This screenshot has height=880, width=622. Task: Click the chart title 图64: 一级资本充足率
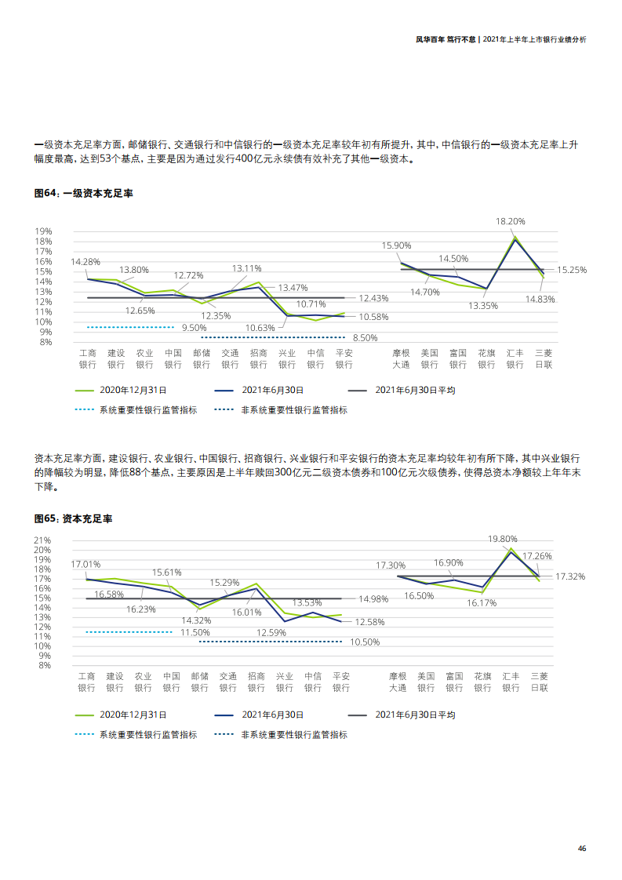coord(83,193)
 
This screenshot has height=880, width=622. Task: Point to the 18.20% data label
coord(510,222)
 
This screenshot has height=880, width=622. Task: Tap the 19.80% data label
coord(503,539)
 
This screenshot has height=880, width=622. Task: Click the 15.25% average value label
coord(572,270)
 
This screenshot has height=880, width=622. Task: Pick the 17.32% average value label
coord(570,576)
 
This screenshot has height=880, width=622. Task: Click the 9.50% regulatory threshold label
coord(194,328)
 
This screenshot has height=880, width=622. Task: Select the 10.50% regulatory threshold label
coord(365,642)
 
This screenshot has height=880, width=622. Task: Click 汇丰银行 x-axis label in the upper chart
coord(515,358)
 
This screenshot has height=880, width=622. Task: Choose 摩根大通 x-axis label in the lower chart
coord(398,682)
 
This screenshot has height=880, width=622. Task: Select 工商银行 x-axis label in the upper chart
coord(87,358)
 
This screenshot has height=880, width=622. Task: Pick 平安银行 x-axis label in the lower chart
coord(341,682)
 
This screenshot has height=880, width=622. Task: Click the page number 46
coord(581,848)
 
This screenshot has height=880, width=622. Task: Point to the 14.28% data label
coord(85,262)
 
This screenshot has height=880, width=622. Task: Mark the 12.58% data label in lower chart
coord(369,622)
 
